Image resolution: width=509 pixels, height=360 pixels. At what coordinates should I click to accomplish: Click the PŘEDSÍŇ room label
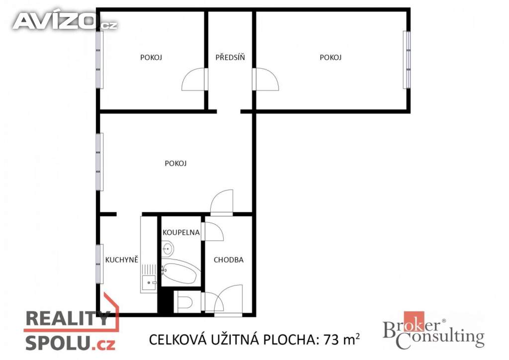230,57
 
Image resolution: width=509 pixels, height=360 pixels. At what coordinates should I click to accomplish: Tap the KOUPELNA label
181,232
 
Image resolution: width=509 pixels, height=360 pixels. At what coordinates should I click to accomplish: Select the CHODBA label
229,260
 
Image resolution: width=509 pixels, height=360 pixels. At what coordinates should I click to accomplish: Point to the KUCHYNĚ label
121,260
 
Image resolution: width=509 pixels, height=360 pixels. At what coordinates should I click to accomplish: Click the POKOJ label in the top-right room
331,57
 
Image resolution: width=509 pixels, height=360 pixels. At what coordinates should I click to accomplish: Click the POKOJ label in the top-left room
151,57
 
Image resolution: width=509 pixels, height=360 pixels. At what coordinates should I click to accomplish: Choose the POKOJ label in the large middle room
175,163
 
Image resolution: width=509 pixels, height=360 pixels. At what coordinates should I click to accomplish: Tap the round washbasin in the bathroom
167,248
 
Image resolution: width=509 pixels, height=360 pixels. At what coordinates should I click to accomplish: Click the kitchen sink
148,283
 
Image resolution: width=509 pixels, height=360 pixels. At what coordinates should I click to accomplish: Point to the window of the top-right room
407,60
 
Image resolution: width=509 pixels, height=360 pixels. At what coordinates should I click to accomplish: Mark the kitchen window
99,264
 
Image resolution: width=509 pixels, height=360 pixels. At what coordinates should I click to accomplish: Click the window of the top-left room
99,60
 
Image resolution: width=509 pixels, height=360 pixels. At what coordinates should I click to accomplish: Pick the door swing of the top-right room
265,80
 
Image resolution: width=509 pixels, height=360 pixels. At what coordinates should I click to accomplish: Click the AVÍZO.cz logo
65,21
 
